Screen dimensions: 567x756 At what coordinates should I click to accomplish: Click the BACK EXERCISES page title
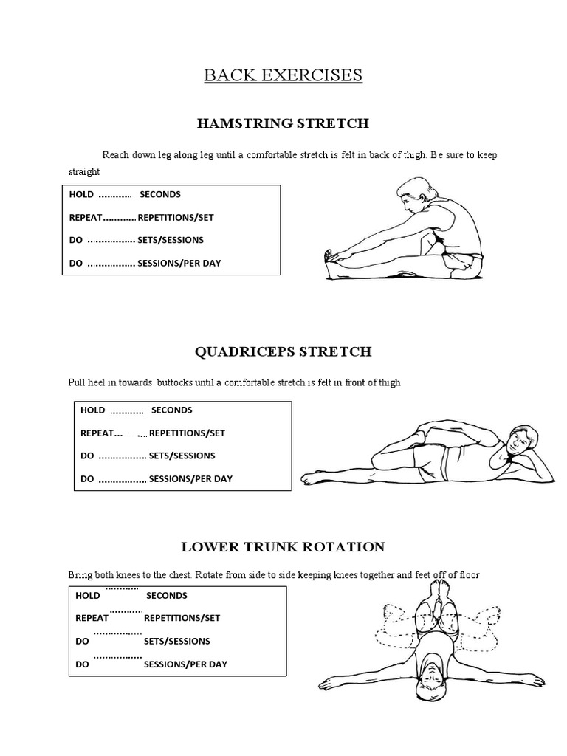[x=283, y=75]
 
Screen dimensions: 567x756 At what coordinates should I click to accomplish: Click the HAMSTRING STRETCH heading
[x=283, y=123]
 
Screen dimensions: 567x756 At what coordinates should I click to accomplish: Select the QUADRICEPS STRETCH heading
[x=283, y=351]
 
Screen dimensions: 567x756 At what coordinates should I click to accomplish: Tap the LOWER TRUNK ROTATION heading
[x=283, y=547]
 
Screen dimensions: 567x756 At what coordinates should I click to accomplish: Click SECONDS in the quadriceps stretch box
[x=171, y=410]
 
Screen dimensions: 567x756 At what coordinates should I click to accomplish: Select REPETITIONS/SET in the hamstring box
[x=176, y=218]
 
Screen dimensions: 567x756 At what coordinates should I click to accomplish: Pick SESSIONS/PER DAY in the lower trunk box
[x=185, y=664]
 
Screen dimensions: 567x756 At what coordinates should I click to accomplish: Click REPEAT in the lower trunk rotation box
[x=92, y=618]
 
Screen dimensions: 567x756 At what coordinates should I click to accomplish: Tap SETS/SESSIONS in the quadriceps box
[x=182, y=456]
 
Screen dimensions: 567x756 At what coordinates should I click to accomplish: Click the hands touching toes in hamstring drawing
[x=334, y=257]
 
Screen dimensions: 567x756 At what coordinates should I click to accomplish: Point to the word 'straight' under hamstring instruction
[x=83, y=171]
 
